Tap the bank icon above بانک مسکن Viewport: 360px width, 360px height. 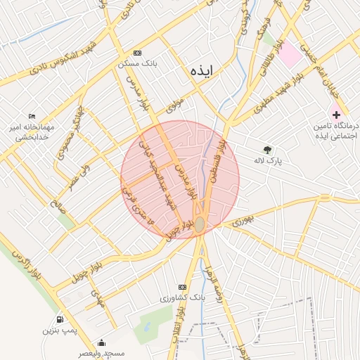[136, 53]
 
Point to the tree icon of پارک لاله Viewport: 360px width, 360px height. [267, 150]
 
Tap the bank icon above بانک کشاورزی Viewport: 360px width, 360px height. [183, 288]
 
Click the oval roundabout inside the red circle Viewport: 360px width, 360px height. [200, 224]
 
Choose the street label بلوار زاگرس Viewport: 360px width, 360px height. [27, 266]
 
